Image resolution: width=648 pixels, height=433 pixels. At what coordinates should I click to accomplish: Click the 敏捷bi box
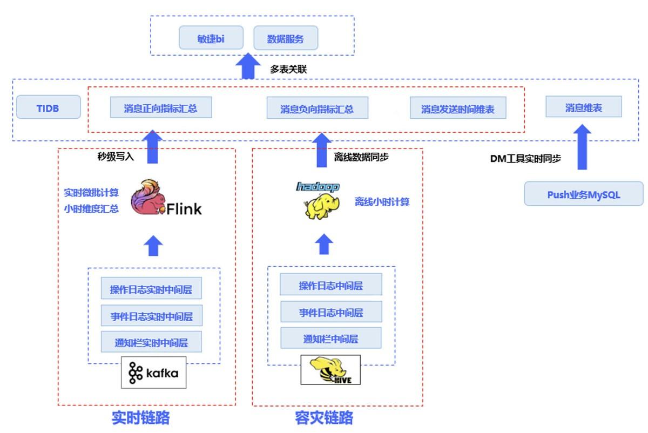[211, 38]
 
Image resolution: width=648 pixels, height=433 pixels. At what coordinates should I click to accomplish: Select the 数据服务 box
[286, 38]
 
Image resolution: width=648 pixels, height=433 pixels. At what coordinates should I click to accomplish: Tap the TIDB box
[48, 107]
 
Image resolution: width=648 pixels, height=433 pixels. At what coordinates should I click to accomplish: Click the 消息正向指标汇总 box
[161, 107]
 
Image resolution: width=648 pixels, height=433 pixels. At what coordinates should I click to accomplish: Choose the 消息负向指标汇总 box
[318, 108]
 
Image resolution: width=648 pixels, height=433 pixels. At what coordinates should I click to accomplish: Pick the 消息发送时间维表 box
[458, 108]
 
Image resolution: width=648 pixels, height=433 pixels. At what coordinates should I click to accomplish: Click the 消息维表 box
[584, 106]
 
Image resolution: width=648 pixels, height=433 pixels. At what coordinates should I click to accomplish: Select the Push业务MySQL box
[584, 193]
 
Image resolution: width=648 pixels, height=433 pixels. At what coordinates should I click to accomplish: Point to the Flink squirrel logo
[147, 197]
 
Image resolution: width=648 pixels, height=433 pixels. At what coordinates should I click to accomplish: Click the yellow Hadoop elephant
[321, 206]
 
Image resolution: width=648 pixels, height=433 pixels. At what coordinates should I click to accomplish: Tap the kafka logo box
[153, 372]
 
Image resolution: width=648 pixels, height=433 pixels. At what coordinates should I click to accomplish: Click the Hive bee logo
[330, 370]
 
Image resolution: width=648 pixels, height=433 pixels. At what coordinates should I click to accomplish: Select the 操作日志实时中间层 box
[151, 288]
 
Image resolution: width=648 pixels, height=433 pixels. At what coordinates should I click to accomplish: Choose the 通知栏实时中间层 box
[151, 342]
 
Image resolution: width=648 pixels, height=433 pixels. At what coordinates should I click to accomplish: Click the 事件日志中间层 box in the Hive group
[331, 312]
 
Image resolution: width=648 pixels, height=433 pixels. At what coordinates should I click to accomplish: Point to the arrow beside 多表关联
[248, 66]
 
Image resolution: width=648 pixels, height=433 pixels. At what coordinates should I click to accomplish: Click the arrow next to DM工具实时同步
[582, 147]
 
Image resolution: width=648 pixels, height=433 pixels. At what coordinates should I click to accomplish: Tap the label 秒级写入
[116, 157]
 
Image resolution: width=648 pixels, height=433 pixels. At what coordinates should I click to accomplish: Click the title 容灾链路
[324, 417]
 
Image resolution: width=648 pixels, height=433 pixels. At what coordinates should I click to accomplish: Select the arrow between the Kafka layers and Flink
[153, 246]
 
